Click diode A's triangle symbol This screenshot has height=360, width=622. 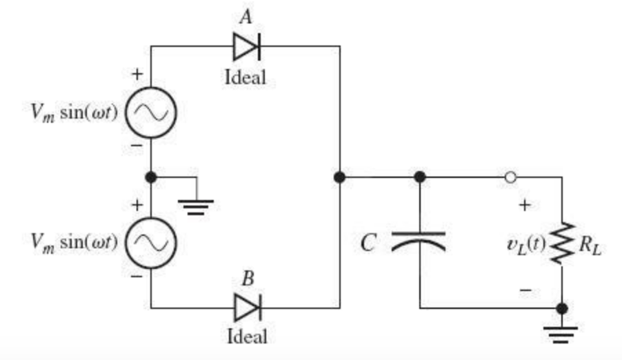[x=245, y=47]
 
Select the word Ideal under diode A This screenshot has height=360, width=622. [x=245, y=77]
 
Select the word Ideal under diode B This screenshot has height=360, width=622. [x=247, y=337]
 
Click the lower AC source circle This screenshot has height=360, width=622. [x=151, y=241]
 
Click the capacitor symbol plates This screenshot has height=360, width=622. [x=419, y=239]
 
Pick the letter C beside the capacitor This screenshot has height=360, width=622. [x=369, y=241]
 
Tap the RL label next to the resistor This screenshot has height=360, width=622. [x=591, y=243]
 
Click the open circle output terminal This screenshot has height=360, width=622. [x=510, y=177]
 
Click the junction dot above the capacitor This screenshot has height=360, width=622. [x=419, y=177]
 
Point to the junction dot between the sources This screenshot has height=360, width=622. [x=152, y=177]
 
